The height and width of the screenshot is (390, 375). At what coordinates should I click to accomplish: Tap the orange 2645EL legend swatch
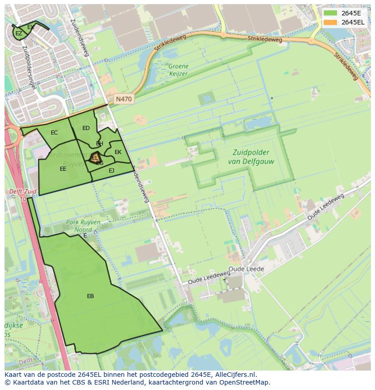(x=331, y=22)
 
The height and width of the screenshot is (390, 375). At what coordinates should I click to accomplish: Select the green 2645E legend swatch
(x=331, y=13)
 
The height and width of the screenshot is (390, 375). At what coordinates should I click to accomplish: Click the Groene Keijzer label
(x=178, y=69)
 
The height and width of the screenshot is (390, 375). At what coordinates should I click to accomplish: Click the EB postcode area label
(x=91, y=296)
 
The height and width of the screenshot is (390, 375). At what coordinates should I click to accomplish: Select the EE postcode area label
(x=63, y=169)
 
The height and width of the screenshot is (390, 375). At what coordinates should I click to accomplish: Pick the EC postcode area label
(x=54, y=133)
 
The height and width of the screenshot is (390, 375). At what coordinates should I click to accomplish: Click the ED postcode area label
(x=86, y=128)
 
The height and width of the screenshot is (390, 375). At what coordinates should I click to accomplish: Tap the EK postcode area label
(x=118, y=152)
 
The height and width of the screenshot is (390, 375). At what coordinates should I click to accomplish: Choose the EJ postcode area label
(x=111, y=171)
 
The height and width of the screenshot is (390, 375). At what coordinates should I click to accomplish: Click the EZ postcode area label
(x=19, y=34)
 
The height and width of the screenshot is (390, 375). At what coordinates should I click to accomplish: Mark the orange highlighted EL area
(x=95, y=158)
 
